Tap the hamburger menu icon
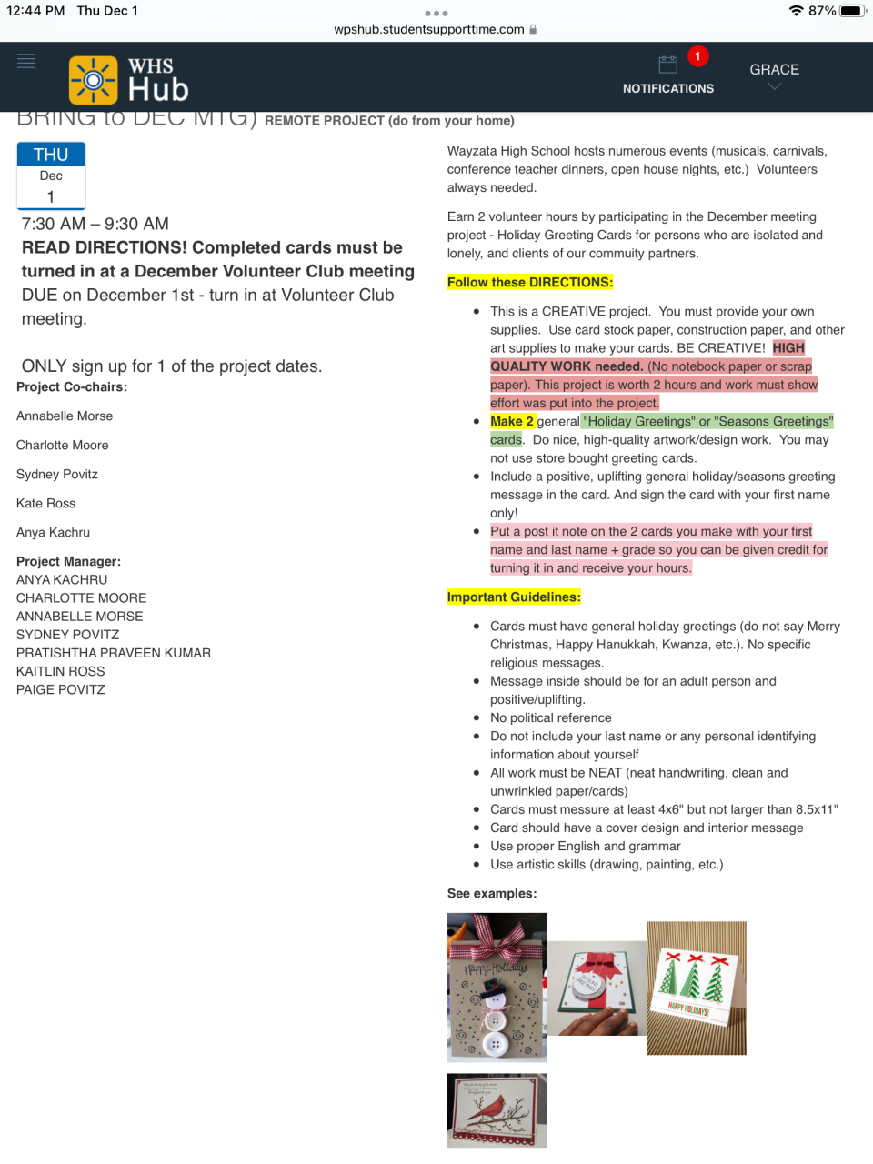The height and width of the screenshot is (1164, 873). [x=26, y=61]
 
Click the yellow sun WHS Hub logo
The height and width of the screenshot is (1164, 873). [x=93, y=80]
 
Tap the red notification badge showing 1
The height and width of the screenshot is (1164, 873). [x=697, y=56]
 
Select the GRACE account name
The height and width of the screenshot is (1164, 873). [x=774, y=70]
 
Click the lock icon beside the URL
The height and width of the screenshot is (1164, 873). [x=533, y=29]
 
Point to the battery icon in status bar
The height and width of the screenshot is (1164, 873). [x=852, y=11]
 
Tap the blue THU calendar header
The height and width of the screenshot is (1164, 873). [x=51, y=155]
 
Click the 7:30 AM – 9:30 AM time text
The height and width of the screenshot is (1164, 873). [x=95, y=224]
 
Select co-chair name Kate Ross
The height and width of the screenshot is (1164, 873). [x=46, y=503]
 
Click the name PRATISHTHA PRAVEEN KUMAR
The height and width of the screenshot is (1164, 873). [x=114, y=653]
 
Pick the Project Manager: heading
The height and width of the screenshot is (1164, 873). [x=68, y=561]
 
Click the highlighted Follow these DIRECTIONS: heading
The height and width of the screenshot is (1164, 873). [x=530, y=282]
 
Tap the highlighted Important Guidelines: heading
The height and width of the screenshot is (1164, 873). [x=514, y=597]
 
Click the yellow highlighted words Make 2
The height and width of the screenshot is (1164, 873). [x=512, y=421]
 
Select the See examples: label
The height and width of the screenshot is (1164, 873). [x=492, y=893]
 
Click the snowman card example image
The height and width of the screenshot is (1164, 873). [x=497, y=987]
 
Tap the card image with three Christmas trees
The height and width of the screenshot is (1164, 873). [x=696, y=988]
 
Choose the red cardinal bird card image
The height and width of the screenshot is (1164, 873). [x=497, y=1109]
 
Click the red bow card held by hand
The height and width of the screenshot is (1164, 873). [x=597, y=988]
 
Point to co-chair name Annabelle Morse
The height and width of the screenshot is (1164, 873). [x=65, y=416]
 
